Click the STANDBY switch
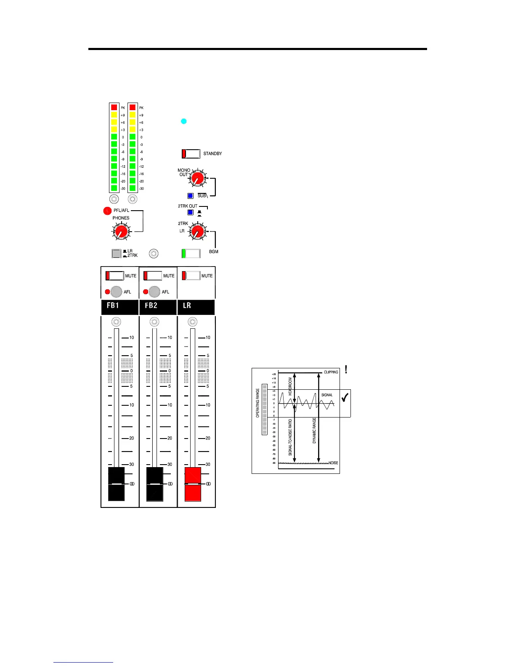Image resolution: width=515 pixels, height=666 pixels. [x=191, y=154]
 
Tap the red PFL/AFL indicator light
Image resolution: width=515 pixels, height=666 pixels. [x=107, y=211]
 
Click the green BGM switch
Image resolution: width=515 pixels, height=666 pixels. [x=191, y=254]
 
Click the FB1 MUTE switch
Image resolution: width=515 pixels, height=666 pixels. [x=114, y=276]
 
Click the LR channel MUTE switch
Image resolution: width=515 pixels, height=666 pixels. [x=191, y=276]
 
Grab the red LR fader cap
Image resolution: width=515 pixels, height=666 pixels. [x=193, y=484]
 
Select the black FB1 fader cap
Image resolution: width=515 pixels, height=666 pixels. [x=117, y=484]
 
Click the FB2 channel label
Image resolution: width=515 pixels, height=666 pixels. [x=151, y=306]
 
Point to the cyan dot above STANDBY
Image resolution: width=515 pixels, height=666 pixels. [x=183, y=122]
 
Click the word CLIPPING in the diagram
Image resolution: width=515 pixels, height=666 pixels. [x=331, y=372]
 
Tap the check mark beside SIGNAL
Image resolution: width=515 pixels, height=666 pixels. [x=345, y=397]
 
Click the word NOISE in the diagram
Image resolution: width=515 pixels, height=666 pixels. [x=333, y=463]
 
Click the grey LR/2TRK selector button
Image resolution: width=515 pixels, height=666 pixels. [x=116, y=254]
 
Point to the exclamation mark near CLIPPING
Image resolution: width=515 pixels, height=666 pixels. [x=346, y=369]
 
